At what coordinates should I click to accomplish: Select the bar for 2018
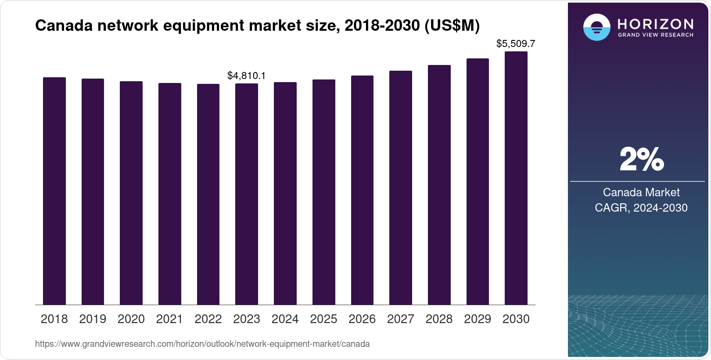pos(54,191)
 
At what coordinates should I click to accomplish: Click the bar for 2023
pos(247,194)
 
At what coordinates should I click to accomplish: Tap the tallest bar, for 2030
pos(516,178)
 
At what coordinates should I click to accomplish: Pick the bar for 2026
pos(362,190)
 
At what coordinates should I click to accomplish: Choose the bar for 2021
pos(170,194)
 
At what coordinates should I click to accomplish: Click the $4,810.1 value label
pos(246,76)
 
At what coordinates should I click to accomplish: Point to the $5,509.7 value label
pos(515,43)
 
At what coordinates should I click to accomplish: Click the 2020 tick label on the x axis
pos(131,319)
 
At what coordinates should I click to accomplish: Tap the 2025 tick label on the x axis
pos(323,319)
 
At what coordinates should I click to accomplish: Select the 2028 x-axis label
pos(439,319)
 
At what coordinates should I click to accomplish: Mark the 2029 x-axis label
pos(478,319)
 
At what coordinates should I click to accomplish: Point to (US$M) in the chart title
pos(452,26)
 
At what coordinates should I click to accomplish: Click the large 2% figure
pos(641,159)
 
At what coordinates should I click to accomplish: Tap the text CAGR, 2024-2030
pos(641,208)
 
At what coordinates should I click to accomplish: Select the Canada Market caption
pos(641,192)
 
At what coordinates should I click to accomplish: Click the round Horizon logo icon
pos(596,27)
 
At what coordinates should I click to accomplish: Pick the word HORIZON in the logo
pos(655,24)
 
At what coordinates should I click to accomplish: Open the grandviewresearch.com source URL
pos(202,344)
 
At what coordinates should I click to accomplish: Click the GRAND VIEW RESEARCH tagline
pos(655,35)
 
